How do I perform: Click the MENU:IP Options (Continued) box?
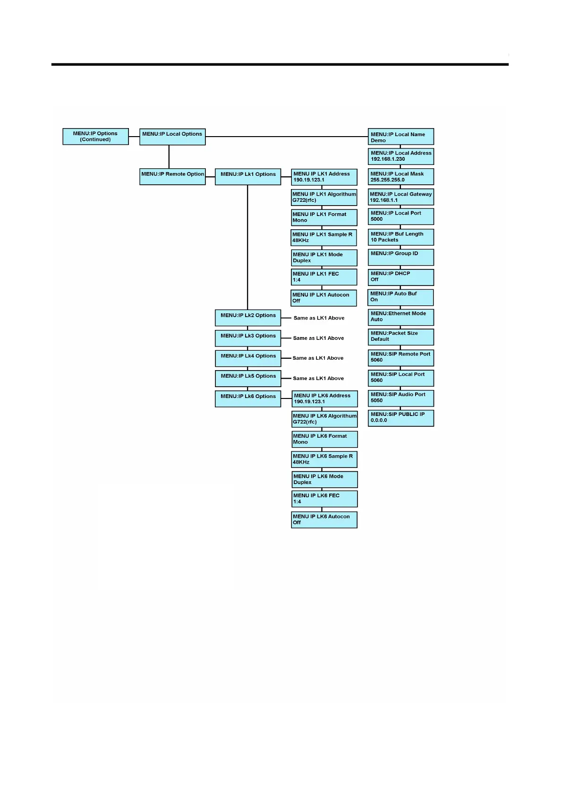(95, 137)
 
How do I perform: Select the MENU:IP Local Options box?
(172, 137)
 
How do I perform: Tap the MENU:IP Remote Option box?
(172, 176)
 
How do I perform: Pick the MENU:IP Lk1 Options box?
(248, 176)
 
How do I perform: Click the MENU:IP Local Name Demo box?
(400, 137)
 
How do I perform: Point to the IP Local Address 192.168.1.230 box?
(400, 156)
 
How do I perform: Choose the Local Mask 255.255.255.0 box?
(400, 177)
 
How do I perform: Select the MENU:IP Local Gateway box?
(400, 197)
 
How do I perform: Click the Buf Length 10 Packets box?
(400, 237)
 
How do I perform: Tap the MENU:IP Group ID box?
(400, 257)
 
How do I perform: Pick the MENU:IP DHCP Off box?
(400, 277)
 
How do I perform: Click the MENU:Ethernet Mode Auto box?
(400, 317)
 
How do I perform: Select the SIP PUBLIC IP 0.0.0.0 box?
(400, 418)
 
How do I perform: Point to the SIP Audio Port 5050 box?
(400, 398)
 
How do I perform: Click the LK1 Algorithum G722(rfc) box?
(324, 197)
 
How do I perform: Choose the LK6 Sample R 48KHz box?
(324, 459)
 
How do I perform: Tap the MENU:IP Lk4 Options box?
(248, 358)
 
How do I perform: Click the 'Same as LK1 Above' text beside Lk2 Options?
(319, 318)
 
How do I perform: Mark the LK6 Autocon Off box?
(324, 519)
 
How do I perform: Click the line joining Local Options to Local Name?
(286, 137)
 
